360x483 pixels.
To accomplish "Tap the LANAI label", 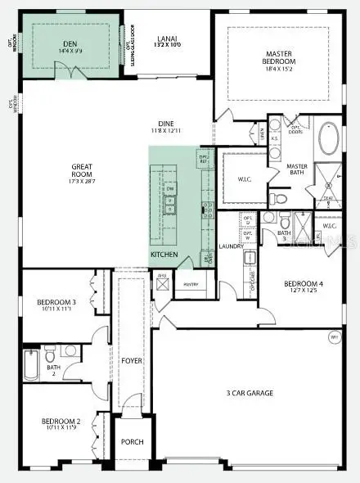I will [x=166, y=38].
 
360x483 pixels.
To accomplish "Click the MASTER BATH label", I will [x=296, y=169].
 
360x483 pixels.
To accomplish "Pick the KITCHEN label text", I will [x=164, y=255].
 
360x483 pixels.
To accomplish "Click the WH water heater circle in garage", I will [x=334, y=337].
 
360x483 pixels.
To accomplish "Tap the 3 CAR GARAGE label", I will [x=250, y=393].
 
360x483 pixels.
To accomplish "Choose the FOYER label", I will [x=133, y=360].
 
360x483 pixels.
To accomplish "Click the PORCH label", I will [x=133, y=442].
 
